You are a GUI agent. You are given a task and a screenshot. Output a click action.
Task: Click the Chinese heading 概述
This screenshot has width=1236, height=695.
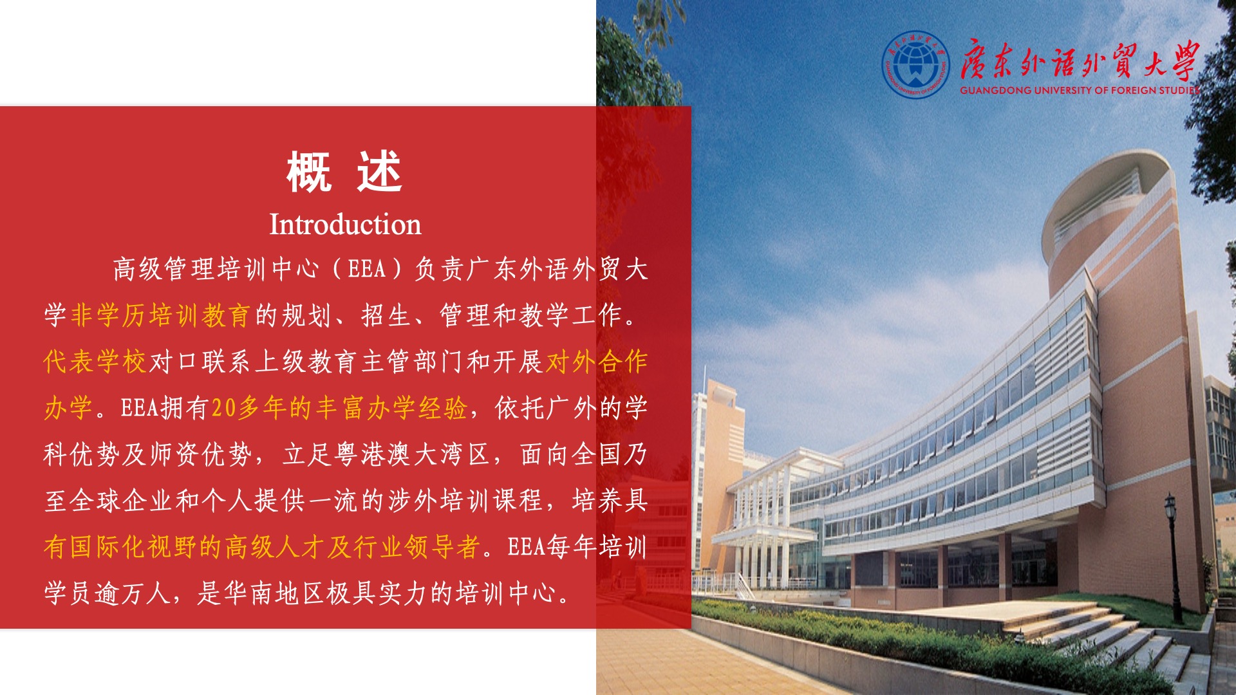pos(345,172)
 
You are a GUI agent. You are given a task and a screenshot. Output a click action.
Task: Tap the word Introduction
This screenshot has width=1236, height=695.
pos(345,225)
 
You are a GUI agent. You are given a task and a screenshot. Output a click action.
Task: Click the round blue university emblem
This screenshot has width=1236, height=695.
pos(915,64)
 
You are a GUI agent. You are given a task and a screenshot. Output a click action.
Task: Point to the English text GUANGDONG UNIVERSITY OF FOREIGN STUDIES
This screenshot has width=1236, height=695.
pos(1080,90)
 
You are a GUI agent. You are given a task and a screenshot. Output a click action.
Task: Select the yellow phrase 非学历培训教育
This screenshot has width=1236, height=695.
pos(160,315)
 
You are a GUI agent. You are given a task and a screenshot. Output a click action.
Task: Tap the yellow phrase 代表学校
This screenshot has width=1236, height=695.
pos(95,362)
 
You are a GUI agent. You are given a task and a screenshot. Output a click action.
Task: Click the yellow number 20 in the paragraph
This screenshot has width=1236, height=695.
pos(224,408)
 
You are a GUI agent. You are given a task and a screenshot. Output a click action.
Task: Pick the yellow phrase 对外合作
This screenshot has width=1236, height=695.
pos(597,362)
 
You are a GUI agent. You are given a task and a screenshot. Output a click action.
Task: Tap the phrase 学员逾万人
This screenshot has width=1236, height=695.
pos(108,593)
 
